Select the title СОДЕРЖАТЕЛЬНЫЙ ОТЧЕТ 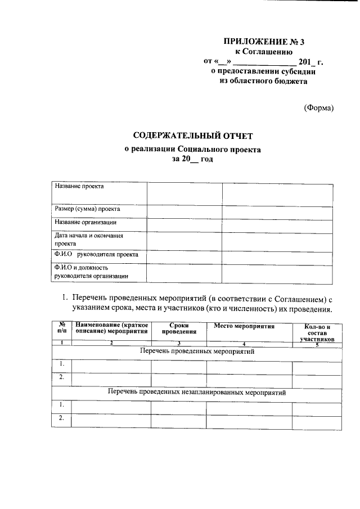pos(193,136)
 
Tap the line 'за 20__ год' pos(193,159)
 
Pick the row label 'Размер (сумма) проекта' pos(87,209)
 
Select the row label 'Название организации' pos(85,222)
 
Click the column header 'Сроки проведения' pos(178,328)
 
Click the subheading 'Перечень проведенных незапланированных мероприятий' pos(197,393)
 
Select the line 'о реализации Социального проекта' pos(193,150)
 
